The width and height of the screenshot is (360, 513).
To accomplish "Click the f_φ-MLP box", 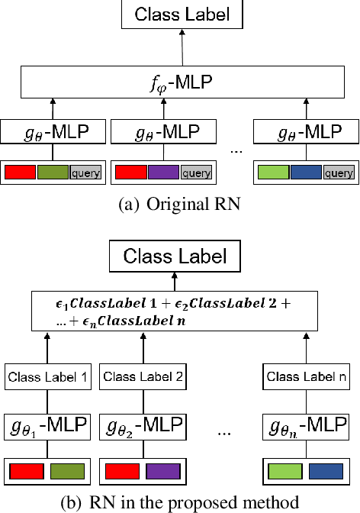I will point(181,82).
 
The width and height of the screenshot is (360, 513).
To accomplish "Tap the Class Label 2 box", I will point(143,376).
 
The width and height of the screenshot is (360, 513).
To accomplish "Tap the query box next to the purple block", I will point(195,173).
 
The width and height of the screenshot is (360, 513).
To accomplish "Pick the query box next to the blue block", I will point(338,173).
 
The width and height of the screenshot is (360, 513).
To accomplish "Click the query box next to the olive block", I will point(85,173).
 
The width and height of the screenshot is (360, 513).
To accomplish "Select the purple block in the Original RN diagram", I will point(163,173).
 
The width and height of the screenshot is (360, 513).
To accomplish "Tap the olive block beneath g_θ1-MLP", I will point(67,471).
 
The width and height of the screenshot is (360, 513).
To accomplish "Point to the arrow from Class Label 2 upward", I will point(143,350).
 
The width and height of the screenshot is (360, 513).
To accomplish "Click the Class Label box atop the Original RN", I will point(181,14).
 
